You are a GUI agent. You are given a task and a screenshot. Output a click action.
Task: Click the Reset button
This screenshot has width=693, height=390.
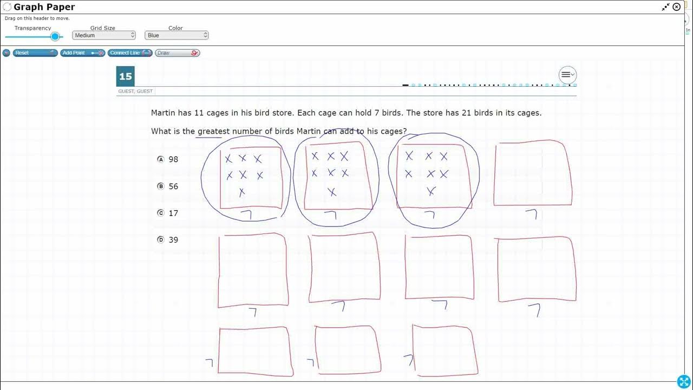point(35,53)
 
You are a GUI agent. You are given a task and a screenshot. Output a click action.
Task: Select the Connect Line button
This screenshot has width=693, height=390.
point(129,53)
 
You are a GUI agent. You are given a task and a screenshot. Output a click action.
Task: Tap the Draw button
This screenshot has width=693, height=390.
point(177,53)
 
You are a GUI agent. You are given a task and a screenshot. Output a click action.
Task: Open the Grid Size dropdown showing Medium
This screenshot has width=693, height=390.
point(103,35)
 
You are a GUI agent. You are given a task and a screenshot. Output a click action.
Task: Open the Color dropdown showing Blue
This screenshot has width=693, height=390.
point(176,35)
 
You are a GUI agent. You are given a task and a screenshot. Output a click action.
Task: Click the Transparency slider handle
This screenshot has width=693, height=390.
point(55,36)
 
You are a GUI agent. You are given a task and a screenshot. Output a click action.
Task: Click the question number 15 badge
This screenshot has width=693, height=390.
point(125,76)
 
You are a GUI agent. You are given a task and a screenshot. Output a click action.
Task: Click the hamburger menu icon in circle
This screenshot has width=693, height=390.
point(567,75)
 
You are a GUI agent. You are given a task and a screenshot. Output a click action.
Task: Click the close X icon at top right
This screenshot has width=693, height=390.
point(676,7)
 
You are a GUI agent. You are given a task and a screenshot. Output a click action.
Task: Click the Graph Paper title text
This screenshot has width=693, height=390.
point(44,7)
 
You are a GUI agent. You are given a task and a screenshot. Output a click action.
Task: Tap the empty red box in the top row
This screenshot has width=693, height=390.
point(533,173)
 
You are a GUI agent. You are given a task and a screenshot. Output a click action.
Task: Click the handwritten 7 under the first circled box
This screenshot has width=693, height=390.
point(247,215)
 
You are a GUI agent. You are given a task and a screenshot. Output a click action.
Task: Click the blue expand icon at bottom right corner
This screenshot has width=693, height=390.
point(684,381)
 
